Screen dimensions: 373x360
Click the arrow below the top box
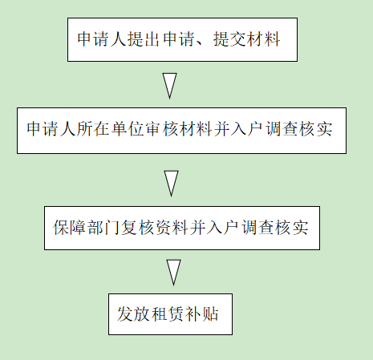169,86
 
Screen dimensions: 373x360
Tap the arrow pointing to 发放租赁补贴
173,273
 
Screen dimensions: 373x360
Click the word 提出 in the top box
144,39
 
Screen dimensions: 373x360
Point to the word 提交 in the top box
229,39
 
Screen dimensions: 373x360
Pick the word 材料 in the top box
263,39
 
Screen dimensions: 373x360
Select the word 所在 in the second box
93,129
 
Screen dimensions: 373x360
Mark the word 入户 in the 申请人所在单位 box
248,129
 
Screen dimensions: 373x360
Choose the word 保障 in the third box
70,228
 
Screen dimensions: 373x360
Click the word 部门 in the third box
103,228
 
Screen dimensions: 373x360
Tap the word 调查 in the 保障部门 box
258,228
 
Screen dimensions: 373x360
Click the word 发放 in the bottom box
134,313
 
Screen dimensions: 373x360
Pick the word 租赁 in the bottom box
168,313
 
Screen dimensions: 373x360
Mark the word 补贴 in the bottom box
202,313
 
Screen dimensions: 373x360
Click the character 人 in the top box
118,39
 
